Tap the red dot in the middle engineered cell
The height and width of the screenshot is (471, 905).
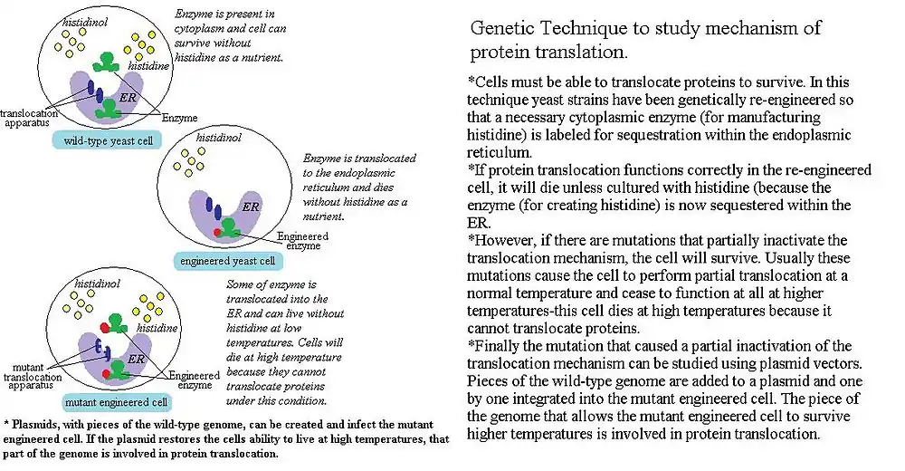(x=218, y=233)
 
